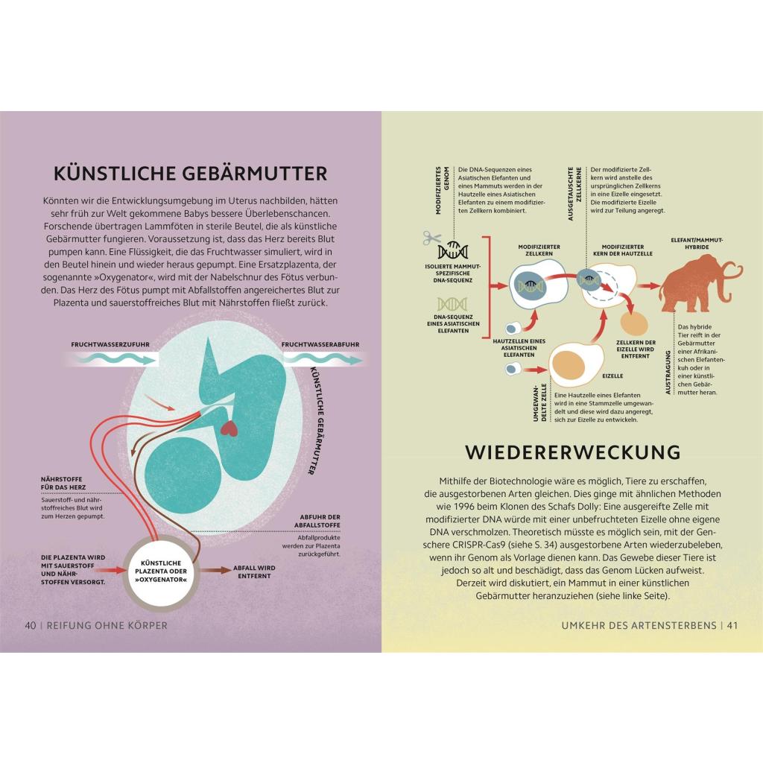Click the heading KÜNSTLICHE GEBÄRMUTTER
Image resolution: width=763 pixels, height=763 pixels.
pyautogui.click(x=190, y=174)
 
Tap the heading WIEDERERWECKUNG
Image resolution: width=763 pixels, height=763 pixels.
pyautogui.click(x=573, y=452)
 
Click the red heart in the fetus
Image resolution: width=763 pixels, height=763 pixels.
pyautogui.click(x=229, y=428)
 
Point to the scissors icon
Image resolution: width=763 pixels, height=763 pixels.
pyautogui.click(x=431, y=238)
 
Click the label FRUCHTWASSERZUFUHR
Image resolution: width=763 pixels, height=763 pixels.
pyautogui.click(x=110, y=344)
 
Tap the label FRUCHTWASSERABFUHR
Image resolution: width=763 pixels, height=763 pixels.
pyautogui.click(x=320, y=344)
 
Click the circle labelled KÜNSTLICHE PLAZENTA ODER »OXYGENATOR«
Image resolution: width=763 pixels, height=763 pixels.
pyautogui.click(x=161, y=572)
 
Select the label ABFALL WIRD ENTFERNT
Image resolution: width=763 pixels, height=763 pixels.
pyautogui.click(x=254, y=572)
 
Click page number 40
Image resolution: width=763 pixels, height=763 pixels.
pyautogui.click(x=30, y=625)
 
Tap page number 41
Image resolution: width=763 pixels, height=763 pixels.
pyautogui.click(x=732, y=625)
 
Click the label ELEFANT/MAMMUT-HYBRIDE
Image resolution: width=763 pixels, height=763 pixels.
pyautogui.click(x=697, y=244)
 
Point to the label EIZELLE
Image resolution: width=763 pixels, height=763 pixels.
pyautogui.click(x=612, y=376)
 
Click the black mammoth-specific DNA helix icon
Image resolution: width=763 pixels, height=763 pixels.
pyautogui.click(x=452, y=250)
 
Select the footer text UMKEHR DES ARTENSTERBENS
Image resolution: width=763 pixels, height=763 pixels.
pyautogui.click(x=639, y=625)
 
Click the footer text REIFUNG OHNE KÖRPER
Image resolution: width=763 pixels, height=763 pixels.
pyautogui.click(x=107, y=625)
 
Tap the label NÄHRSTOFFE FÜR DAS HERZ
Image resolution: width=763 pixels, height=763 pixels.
pyautogui.click(x=63, y=483)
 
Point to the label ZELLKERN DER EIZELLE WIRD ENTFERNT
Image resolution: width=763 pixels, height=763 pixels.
pyautogui.click(x=636, y=349)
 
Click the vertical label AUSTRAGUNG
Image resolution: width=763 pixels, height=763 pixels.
pyautogui.click(x=668, y=373)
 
